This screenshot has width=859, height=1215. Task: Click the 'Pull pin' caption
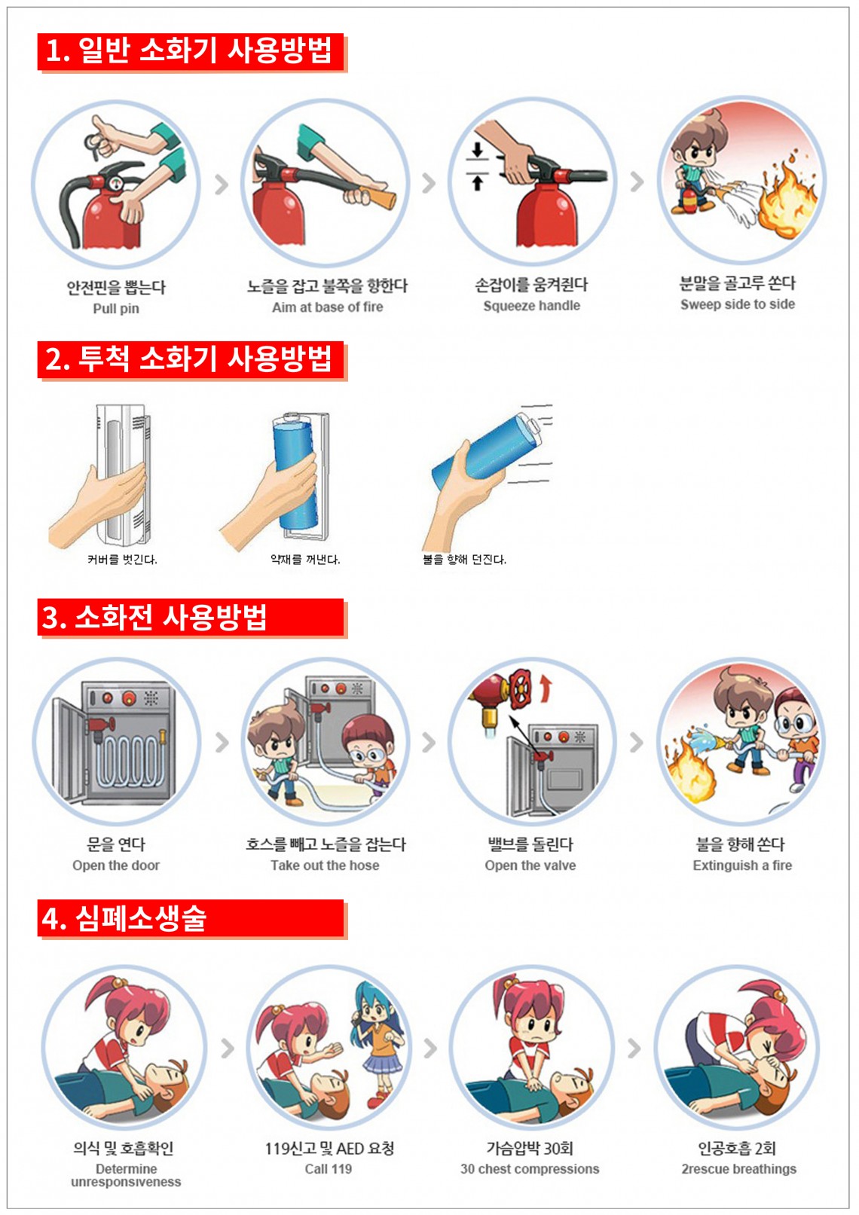pos(115,309)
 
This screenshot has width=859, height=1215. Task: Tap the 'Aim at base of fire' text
pos(327,307)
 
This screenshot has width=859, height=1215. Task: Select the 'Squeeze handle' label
pos(531,306)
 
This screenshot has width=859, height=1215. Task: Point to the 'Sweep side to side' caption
pos(738,304)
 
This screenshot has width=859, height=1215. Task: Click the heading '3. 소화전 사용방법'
pos(154,617)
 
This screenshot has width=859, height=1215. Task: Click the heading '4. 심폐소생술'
pos(124,918)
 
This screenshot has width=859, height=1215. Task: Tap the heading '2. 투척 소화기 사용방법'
pos(188,359)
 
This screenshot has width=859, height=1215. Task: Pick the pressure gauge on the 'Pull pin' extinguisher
pos(116,183)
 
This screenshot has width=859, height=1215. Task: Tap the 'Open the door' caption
pos(116,865)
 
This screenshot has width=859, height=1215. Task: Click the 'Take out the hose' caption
pos(325,865)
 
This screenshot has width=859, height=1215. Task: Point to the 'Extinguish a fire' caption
pos(741,865)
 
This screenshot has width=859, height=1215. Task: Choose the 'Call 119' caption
pos(329,1169)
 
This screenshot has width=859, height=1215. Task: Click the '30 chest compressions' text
pos(530,1169)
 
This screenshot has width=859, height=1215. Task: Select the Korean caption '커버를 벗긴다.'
pos(122,559)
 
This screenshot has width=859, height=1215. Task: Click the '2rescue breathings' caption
pos(738,1169)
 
